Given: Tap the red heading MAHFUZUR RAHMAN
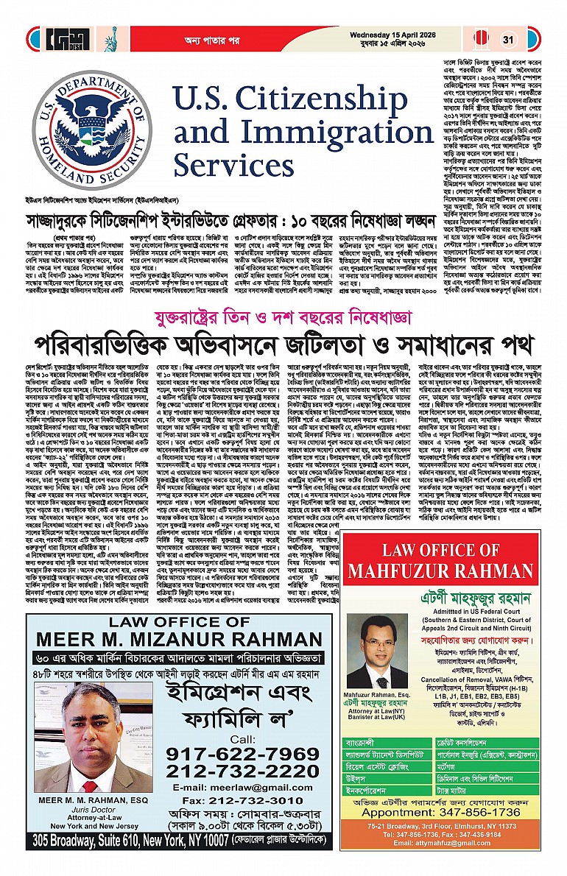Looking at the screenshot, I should pos(451,570).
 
